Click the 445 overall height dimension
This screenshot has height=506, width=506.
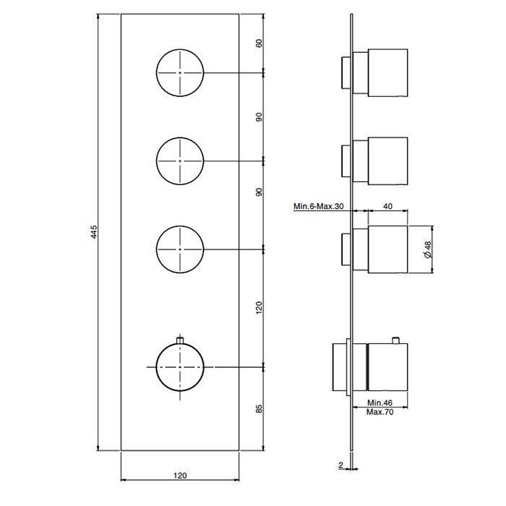[94, 232]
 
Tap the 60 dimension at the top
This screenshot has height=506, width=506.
[259, 43]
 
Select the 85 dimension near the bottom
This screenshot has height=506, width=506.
[259, 408]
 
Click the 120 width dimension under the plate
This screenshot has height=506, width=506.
[180, 476]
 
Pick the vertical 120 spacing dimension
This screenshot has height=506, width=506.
[259, 308]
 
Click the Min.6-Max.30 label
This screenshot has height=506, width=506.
[319, 206]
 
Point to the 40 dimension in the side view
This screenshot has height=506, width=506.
[387, 206]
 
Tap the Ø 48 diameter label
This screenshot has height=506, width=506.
[428, 249]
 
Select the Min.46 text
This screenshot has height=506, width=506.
[379, 403]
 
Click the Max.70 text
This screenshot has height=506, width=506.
[379, 412]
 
